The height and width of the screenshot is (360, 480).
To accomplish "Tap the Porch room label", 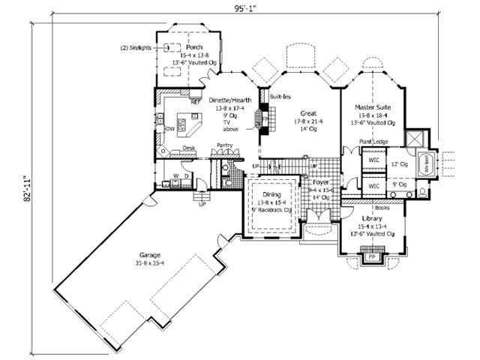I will coord(185,46).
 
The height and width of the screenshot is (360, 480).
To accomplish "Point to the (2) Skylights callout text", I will coord(135,46).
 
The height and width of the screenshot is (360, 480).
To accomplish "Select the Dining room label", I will coord(271,195).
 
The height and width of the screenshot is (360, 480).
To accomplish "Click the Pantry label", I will coord(225,145).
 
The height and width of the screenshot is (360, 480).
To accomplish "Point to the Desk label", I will coord(189,148).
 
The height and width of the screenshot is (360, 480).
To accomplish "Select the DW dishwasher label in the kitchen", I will coord(170,128).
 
